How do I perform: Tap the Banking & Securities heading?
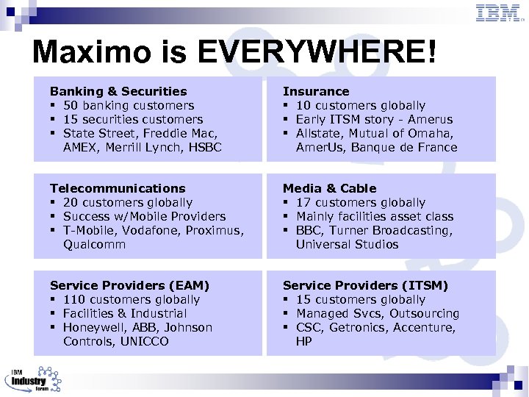tap(118, 91)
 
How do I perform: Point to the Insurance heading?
tap(316, 91)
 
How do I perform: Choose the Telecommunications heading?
tap(118, 188)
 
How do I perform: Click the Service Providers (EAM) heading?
tap(129, 285)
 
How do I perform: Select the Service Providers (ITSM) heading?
tap(365, 285)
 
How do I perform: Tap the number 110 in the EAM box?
tap(75, 299)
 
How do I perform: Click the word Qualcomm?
tap(94, 244)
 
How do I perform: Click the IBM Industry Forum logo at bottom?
tap(33, 379)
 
